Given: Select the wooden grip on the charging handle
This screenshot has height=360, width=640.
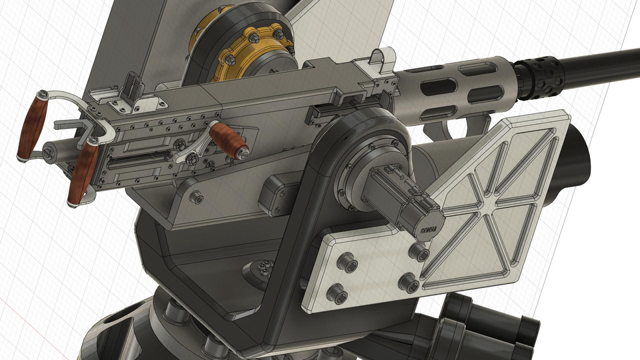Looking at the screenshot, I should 229,140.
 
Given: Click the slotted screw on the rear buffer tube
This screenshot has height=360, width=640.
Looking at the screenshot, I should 49,153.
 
